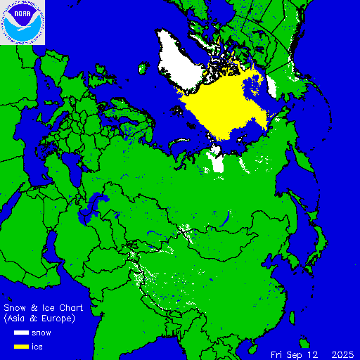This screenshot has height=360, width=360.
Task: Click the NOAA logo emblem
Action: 22,22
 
